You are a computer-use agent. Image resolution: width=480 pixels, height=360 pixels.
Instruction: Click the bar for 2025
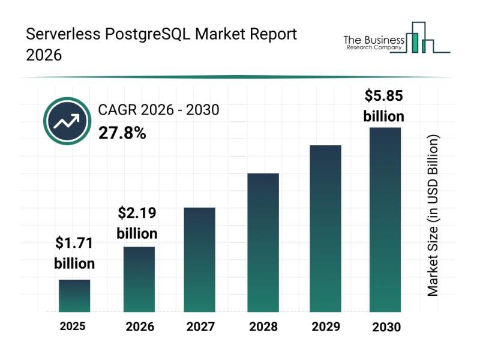(x=74, y=296)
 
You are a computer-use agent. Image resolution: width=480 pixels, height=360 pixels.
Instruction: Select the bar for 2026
(x=139, y=279)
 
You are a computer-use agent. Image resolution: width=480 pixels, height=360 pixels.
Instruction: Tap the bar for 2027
(x=199, y=259)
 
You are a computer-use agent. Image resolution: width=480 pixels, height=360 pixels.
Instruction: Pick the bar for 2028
(x=263, y=242)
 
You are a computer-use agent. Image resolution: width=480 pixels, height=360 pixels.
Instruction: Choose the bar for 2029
(x=325, y=229)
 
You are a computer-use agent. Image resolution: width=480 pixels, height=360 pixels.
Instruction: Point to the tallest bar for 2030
(x=385, y=220)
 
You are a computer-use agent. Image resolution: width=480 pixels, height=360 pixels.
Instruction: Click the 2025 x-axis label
(x=73, y=326)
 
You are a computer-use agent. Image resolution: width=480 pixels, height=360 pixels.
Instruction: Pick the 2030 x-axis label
(x=386, y=327)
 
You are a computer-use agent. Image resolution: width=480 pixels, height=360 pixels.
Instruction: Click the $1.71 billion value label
(x=74, y=253)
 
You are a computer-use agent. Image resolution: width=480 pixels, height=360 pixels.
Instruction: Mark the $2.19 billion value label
(x=137, y=223)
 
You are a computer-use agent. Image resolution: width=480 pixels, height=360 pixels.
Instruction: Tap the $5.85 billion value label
(x=384, y=106)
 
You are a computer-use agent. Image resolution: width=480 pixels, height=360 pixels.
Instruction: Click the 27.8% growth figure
(x=122, y=133)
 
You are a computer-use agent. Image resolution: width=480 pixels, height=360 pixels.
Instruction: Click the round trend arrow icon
(x=67, y=122)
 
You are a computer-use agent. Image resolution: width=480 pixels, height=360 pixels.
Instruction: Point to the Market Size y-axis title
(x=433, y=215)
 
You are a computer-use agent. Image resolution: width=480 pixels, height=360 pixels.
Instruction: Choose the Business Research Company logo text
(x=372, y=43)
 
